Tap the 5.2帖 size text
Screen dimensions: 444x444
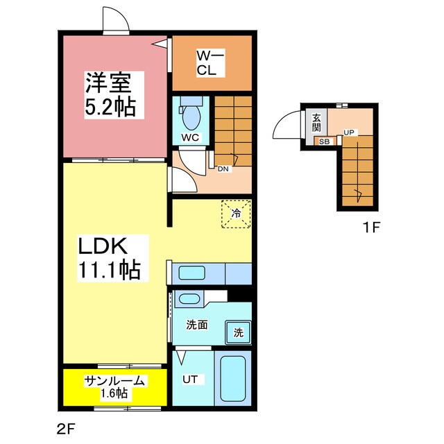110,108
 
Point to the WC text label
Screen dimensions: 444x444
190,137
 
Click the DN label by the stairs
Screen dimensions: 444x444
223,169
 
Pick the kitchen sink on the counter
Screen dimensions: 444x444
189,272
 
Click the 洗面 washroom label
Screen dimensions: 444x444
196,324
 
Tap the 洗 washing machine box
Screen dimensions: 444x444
238,332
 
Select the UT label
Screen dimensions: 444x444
191,379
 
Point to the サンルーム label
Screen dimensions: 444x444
114,380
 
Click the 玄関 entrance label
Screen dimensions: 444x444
316,122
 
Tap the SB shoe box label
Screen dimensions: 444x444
324,142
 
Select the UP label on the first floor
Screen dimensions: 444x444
348,132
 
